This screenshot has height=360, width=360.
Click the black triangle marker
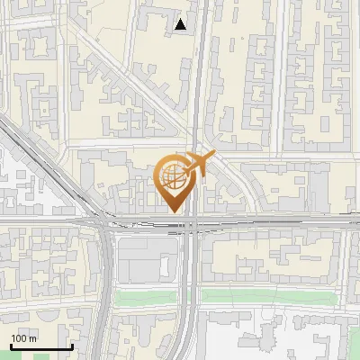[x=182, y=24]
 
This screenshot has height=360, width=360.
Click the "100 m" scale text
[x=23, y=338]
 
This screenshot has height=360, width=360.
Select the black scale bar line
[x=40, y=347]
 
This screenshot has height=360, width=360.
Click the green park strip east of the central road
[x=270, y=295]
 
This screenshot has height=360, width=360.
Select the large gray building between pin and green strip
[x=144, y=261]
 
